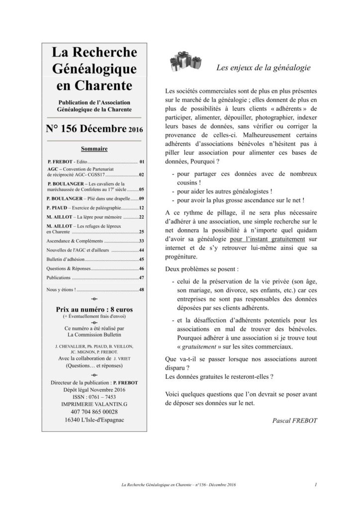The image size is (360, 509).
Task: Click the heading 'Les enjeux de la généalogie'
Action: click(263, 68)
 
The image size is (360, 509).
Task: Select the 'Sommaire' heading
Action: click(94, 149)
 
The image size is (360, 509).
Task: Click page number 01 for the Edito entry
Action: click(142, 162)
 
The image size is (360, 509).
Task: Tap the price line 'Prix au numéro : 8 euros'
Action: click(94, 309)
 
